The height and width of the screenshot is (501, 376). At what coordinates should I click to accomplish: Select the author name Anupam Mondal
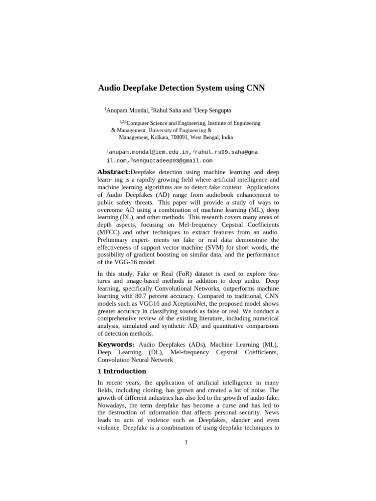127,111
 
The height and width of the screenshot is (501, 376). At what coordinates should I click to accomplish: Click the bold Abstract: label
114,172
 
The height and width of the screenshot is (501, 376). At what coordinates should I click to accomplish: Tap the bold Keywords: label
117,345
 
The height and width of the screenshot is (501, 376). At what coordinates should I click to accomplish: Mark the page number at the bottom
187,443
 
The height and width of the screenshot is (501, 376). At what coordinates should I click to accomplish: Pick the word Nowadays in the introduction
113,405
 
